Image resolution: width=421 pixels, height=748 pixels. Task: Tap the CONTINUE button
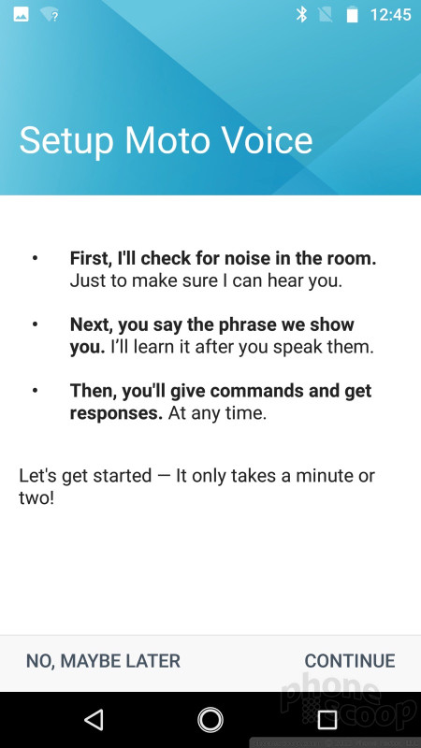tap(349, 661)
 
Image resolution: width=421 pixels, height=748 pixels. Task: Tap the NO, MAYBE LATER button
tap(103, 661)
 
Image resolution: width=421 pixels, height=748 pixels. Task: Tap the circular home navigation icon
tap(210, 719)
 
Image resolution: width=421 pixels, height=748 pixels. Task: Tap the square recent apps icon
tap(327, 719)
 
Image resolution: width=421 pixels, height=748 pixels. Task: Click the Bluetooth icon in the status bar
tap(301, 15)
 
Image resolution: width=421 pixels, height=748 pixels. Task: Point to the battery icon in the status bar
tap(352, 15)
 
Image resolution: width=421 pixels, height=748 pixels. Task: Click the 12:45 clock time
tap(390, 15)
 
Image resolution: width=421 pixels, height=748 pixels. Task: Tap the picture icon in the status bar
tap(21, 15)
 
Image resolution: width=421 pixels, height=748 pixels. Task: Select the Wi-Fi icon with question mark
tap(50, 15)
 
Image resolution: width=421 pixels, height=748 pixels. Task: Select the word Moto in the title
tap(168, 139)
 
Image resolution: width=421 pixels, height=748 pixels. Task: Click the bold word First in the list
tap(91, 259)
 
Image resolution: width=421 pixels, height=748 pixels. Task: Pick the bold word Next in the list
tap(92, 324)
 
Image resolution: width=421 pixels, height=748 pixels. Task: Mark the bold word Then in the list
tap(94, 391)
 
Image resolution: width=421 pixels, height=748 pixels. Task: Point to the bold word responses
tap(116, 413)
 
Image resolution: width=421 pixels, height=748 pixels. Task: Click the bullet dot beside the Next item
tap(35, 324)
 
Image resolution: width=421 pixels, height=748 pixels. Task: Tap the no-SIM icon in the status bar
tap(325, 15)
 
